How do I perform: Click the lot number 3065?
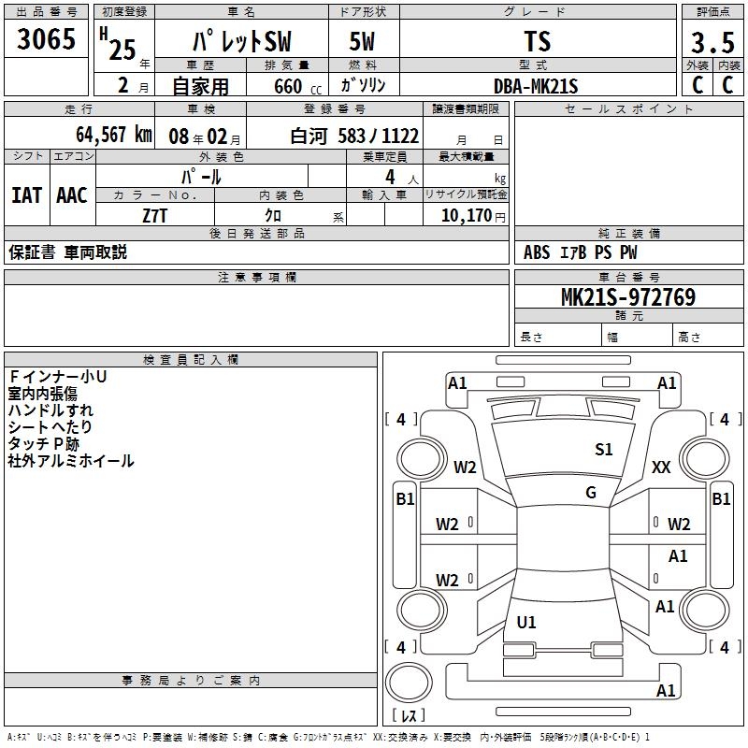point(47,40)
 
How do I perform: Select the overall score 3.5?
point(712,43)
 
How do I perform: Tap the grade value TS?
point(538,42)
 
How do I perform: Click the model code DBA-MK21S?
point(537,86)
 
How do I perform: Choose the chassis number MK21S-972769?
point(627,297)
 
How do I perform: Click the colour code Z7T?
point(155,214)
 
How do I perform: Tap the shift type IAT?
point(26,194)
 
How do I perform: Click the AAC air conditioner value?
point(72,194)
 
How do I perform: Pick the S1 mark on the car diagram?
point(604,450)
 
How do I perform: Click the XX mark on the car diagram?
point(661,467)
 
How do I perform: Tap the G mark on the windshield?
point(591,493)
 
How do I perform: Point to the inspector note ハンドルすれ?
point(50,410)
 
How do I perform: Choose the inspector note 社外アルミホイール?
point(71,461)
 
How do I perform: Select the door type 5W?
point(363,42)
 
